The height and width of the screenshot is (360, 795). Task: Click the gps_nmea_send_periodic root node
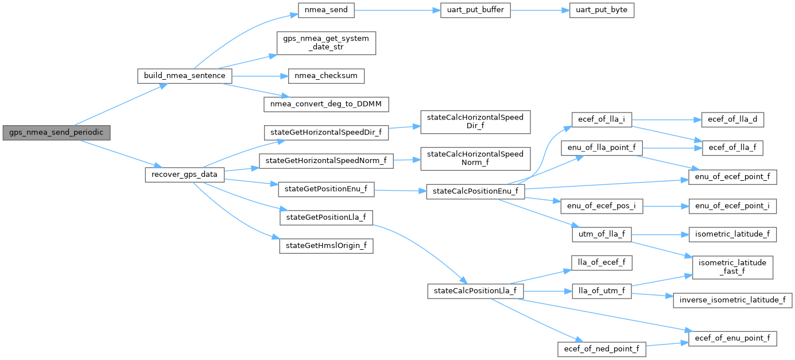pos(56,133)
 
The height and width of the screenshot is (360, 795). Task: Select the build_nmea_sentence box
pos(185,76)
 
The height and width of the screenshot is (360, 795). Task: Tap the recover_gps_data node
pos(184,174)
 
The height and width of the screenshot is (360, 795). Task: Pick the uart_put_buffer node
pos(475,10)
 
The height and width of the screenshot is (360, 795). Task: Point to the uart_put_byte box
pos(602,10)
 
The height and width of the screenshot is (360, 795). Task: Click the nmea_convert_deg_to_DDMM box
pos(326,104)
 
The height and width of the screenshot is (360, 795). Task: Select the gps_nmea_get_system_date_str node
pos(326,43)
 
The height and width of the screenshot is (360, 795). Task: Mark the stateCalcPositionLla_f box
pos(475,291)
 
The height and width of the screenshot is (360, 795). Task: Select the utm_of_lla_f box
pos(602,234)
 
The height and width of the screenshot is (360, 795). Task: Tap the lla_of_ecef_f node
pos(602,263)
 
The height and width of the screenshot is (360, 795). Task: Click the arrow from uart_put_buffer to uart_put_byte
pos(540,10)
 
